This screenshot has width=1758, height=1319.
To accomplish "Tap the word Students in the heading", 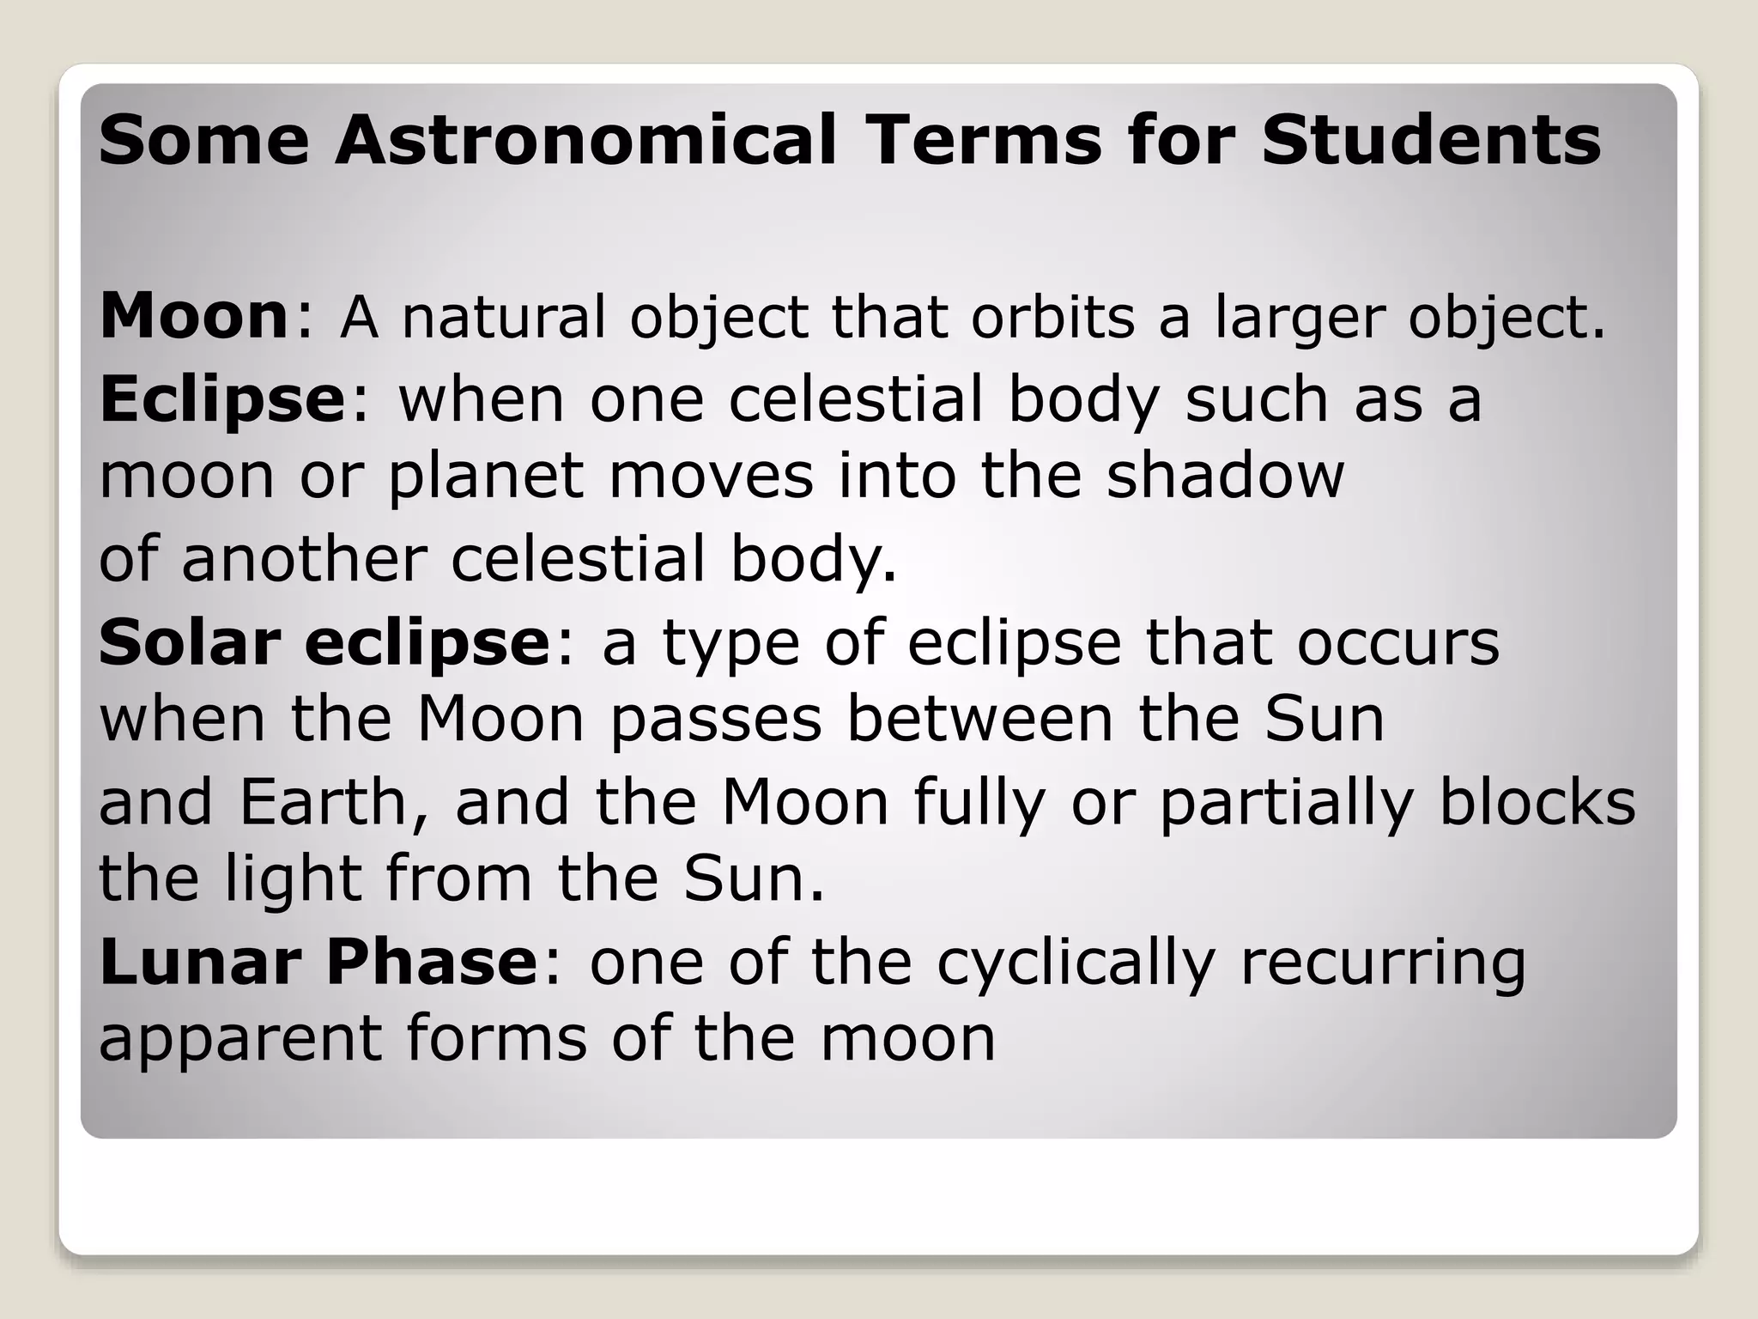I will pyautogui.click(x=1431, y=140).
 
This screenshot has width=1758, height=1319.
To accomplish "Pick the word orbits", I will pyautogui.click(x=1053, y=317).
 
